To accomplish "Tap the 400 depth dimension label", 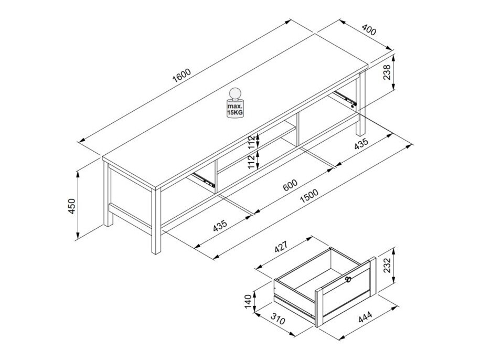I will [368, 30].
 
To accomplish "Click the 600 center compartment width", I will [290, 185].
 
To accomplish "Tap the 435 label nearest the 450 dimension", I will [220, 226].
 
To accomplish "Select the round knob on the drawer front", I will [347, 280].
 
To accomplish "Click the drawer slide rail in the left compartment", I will [203, 179].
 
